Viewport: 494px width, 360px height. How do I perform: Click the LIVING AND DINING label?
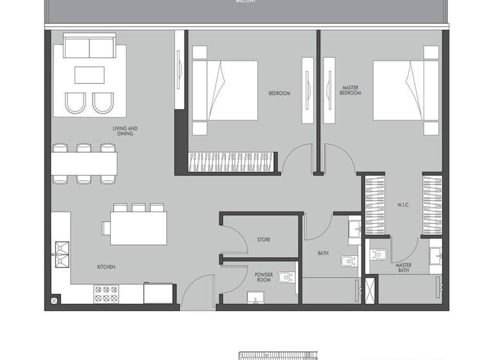125,130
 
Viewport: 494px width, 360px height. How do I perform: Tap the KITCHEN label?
106,267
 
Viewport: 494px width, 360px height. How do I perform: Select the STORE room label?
263,240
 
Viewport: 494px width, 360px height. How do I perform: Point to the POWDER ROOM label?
264,278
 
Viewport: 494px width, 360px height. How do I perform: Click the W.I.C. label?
404,205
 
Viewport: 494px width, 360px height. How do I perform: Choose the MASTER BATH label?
404,267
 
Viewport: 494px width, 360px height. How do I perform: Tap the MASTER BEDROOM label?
351,91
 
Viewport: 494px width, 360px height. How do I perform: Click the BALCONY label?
246,2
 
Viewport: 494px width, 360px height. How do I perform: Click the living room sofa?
89,48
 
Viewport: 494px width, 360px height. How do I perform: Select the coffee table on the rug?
89,75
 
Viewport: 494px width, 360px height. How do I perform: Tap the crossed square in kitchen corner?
55,299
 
